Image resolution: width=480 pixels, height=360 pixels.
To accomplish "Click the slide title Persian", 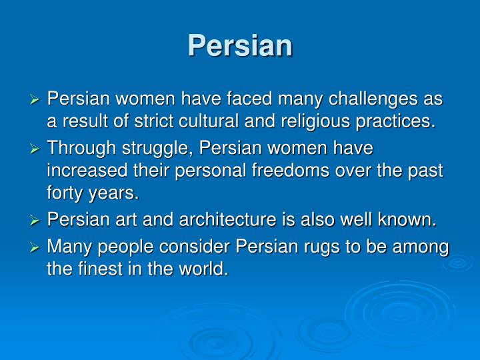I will (x=240, y=45).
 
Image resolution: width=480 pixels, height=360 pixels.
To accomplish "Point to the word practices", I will (x=399, y=121).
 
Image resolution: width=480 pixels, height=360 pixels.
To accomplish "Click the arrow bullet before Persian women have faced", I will (x=37, y=100).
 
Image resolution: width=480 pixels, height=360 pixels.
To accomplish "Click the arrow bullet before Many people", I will (x=37, y=247).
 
